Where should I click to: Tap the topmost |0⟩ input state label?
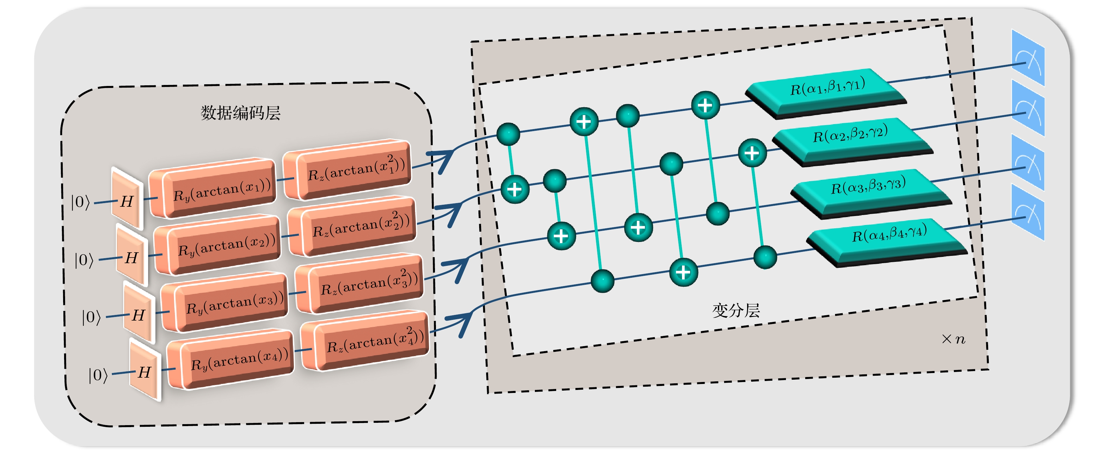tap(81, 202)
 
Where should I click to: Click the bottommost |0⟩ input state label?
tap(98, 375)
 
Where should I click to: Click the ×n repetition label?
tap(953, 339)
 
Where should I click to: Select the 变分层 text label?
tap(736, 310)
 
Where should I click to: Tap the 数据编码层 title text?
tap(240, 113)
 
